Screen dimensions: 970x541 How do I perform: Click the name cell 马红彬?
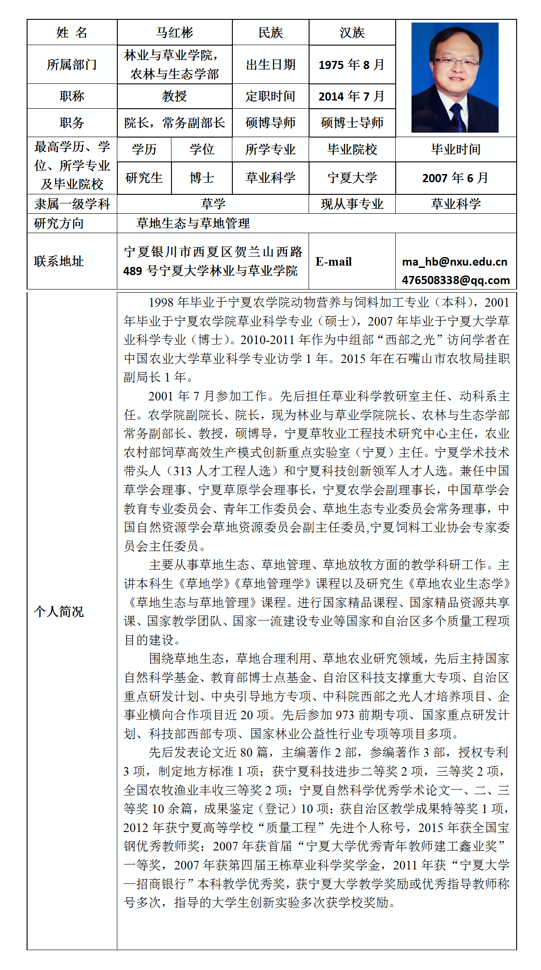174,32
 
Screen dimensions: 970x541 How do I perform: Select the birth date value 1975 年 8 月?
351,65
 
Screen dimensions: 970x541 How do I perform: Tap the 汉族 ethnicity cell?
352,32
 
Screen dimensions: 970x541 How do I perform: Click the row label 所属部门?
72,64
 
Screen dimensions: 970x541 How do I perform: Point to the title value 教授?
174,96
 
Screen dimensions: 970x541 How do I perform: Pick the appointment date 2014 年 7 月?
351,97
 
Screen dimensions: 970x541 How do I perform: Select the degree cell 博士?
202,178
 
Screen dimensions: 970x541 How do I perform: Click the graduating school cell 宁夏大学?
352,178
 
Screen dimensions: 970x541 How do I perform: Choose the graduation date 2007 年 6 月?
455,178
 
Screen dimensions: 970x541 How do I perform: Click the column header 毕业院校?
352,149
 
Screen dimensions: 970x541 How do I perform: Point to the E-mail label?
333,262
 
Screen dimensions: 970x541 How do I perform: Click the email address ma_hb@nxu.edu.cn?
454,262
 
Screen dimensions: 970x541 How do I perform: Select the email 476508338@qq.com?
456,280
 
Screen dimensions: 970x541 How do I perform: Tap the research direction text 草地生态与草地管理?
193,223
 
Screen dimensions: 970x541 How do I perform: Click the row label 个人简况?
59,611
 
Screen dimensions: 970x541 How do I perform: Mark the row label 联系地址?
59,261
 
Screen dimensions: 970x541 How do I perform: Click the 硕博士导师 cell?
352,123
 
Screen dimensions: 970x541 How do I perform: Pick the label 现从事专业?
352,204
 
